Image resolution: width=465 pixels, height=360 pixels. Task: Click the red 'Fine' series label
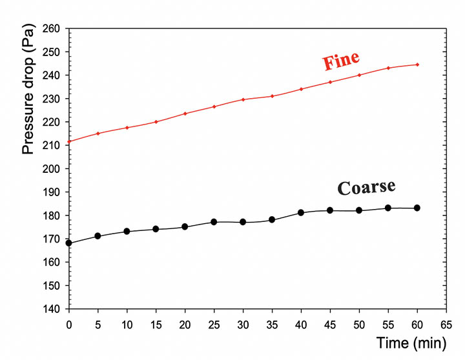point(341,63)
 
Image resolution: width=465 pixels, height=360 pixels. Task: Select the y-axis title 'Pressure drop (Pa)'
point(28,95)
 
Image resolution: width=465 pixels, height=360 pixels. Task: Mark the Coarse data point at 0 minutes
point(69,243)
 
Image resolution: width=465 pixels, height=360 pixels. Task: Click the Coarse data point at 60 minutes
point(417,208)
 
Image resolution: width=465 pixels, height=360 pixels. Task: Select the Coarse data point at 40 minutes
point(301,212)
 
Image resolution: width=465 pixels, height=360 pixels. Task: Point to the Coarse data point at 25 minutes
point(214,222)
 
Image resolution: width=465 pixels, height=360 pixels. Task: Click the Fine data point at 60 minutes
point(417,65)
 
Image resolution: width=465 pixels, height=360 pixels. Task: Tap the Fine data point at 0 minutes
point(69,141)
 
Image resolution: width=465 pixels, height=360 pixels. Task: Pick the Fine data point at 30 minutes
point(243,99)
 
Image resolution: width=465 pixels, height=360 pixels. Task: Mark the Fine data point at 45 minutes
point(330,82)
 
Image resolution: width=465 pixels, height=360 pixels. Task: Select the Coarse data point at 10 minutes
point(127,231)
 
